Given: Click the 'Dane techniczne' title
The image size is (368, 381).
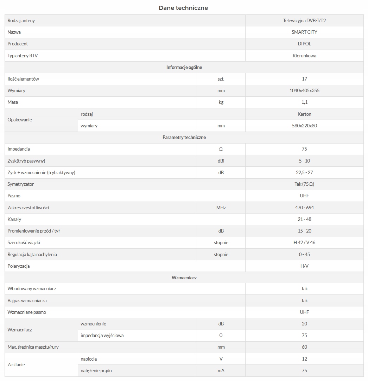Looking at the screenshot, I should pyautogui.click(x=183, y=8).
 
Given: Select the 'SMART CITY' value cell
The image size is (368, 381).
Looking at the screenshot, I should pyautogui.click(x=304, y=32).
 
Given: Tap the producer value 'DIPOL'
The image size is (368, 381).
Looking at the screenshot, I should pyautogui.click(x=304, y=44).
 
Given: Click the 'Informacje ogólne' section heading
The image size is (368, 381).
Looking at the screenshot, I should pyautogui.click(x=184, y=67).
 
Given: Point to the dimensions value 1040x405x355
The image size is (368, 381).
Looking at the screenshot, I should pyautogui.click(x=304, y=90).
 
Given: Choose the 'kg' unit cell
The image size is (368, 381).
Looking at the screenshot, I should pyautogui.click(x=221, y=102).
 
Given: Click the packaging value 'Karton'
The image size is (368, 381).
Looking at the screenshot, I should pyautogui.click(x=304, y=114).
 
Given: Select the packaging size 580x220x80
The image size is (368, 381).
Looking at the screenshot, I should pyautogui.click(x=304, y=126).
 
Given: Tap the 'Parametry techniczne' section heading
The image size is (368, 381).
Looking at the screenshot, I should pyautogui.click(x=184, y=137).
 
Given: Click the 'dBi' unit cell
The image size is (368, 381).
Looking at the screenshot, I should pyautogui.click(x=221, y=161).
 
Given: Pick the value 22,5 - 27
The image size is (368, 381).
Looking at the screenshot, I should pyautogui.click(x=304, y=172).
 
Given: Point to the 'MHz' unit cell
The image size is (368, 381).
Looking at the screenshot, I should pyautogui.click(x=221, y=208).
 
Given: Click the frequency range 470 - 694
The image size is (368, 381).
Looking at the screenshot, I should pyautogui.click(x=304, y=208).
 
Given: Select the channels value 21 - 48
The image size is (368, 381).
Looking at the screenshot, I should pyautogui.click(x=304, y=219).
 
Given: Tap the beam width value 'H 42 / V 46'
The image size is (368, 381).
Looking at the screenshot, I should pyautogui.click(x=304, y=242).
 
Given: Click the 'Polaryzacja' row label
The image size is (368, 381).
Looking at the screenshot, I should pyautogui.click(x=19, y=266).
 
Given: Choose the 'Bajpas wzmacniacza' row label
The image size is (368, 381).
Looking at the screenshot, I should pyautogui.click(x=27, y=300).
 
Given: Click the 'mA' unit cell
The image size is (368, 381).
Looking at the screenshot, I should pyautogui.click(x=221, y=370).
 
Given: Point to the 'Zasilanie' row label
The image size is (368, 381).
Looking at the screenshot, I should pyautogui.click(x=16, y=364).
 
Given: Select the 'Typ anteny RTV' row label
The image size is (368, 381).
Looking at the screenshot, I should pyautogui.click(x=23, y=56).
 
